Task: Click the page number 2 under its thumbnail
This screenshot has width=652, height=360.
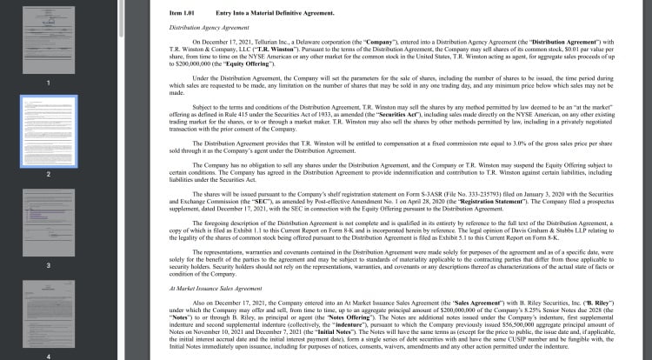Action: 49,174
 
